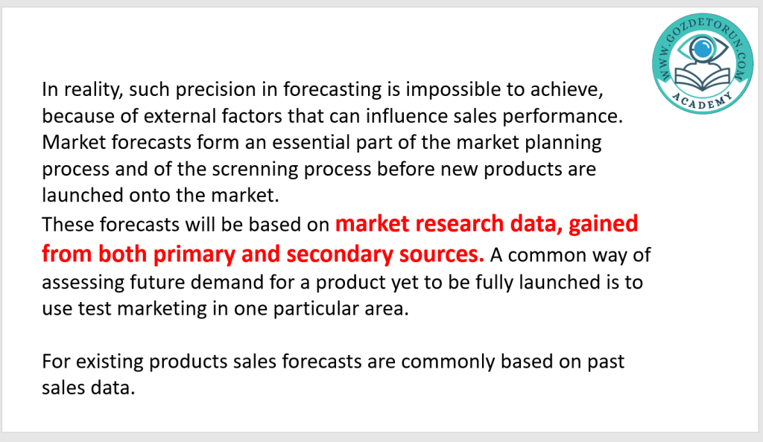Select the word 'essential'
[311, 142]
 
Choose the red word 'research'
[459, 224]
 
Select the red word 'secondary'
[340, 254]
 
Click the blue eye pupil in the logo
[702, 48]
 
